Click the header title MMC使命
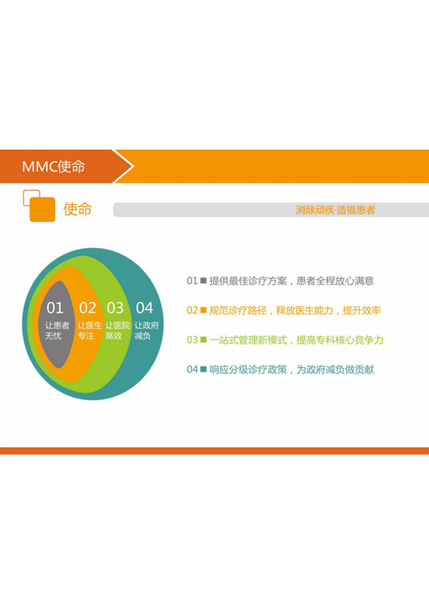pyautogui.click(x=53, y=166)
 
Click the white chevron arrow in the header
pyautogui.click(x=123, y=166)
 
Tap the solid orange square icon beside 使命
pyautogui.click(x=43, y=209)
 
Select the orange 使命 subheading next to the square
pyautogui.click(x=77, y=209)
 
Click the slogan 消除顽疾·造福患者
pyautogui.click(x=336, y=210)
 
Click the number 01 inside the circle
pyautogui.click(x=55, y=308)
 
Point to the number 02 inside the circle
pyautogui.click(x=87, y=308)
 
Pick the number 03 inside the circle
pyautogui.click(x=115, y=308)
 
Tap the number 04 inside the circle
pyautogui.click(x=144, y=308)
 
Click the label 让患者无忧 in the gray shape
pyautogui.click(x=57, y=330)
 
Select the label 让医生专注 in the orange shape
pyautogui.click(x=90, y=330)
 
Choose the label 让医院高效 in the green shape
pyautogui.click(x=117, y=330)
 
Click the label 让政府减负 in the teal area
pyautogui.click(x=147, y=330)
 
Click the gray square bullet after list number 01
pyautogui.click(x=203, y=280)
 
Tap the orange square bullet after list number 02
pyautogui.click(x=203, y=310)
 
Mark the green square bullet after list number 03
pyautogui.click(x=203, y=339)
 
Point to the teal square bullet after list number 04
pyautogui.click(x=203, y=369)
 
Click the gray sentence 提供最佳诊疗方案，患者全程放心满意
pyautogui.click(x=292, y=281)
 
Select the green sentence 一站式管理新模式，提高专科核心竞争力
pyautogui.click(x=297, y=340)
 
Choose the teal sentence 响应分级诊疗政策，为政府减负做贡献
pyautogui.click(x=292, y=370)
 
